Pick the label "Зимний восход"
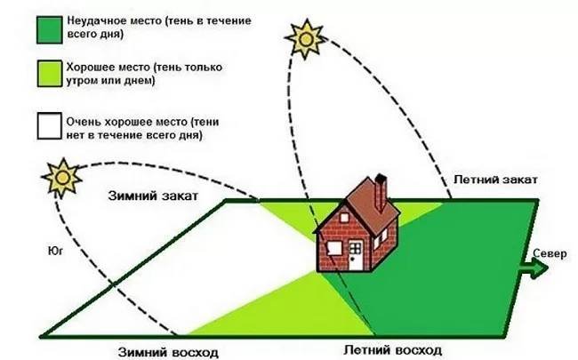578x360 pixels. pyautogui.click(x=168, y=351)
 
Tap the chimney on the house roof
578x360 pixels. pyautogui.click(x=381, y=189)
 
